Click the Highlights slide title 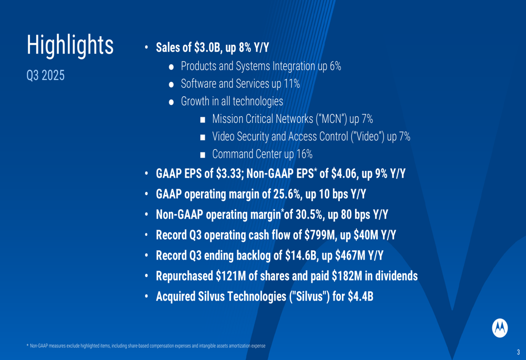point(70,45)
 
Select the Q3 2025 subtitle point(46,75)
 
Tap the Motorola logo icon point(500,327)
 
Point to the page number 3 point(518,352)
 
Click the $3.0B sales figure point(206,48)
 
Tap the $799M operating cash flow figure point(320,235)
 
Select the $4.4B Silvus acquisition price point(360,296)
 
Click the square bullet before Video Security point(203,138)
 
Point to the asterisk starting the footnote point(27,345)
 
